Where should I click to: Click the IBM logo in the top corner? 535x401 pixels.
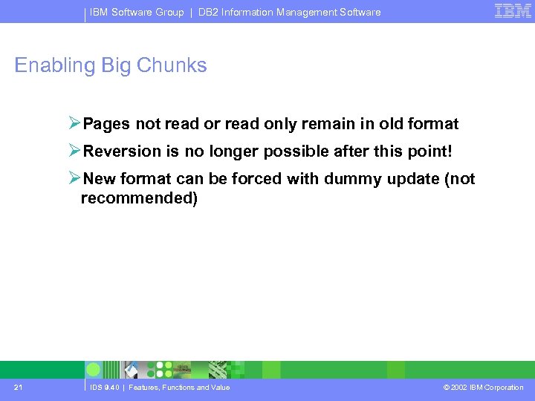513,11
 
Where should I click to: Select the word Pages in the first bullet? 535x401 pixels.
106,124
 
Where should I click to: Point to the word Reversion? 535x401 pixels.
122,151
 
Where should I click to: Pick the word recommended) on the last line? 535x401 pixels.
139,199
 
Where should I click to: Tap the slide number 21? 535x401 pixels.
19,387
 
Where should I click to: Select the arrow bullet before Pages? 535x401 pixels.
74,123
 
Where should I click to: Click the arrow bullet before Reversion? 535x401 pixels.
74,151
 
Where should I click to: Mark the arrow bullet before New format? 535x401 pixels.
74,178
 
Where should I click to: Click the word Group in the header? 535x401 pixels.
169,12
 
